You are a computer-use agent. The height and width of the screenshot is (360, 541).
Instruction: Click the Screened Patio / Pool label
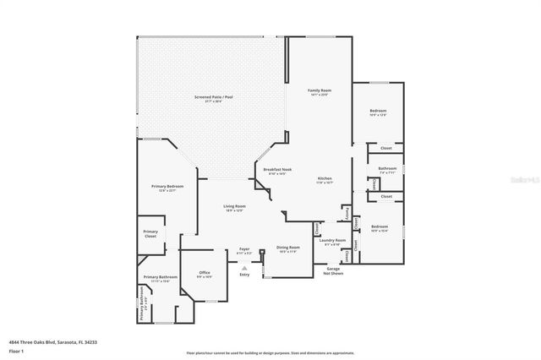coord(212,97)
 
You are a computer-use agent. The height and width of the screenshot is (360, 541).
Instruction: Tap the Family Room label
coord(319,90)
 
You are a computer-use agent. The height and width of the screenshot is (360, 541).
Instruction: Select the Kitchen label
coord(325,178)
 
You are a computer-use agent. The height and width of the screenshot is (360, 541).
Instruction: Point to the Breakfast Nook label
coord(277,170)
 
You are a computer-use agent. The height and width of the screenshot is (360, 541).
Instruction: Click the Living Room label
coord(234,206)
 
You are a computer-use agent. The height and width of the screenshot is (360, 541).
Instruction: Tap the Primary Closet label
coord(150,233)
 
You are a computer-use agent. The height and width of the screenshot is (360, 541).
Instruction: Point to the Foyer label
coord(244,249)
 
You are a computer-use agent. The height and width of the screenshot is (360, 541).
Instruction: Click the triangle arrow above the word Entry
coord(244,266)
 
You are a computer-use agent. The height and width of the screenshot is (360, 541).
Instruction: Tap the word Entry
coord(244,274)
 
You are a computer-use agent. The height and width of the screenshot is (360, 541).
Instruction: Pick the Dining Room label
coord(287,248)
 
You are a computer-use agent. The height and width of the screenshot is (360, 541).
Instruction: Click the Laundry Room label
coord(333,240)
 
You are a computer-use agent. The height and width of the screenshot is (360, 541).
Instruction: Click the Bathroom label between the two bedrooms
coord(387,168)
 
